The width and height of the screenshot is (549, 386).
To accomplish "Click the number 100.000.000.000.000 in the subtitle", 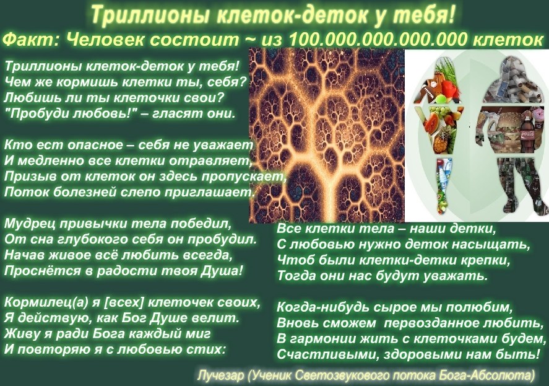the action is point(378,40).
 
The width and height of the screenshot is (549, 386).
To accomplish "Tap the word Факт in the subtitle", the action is point(31,40).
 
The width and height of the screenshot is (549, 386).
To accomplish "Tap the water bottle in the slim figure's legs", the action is point(442,172).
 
